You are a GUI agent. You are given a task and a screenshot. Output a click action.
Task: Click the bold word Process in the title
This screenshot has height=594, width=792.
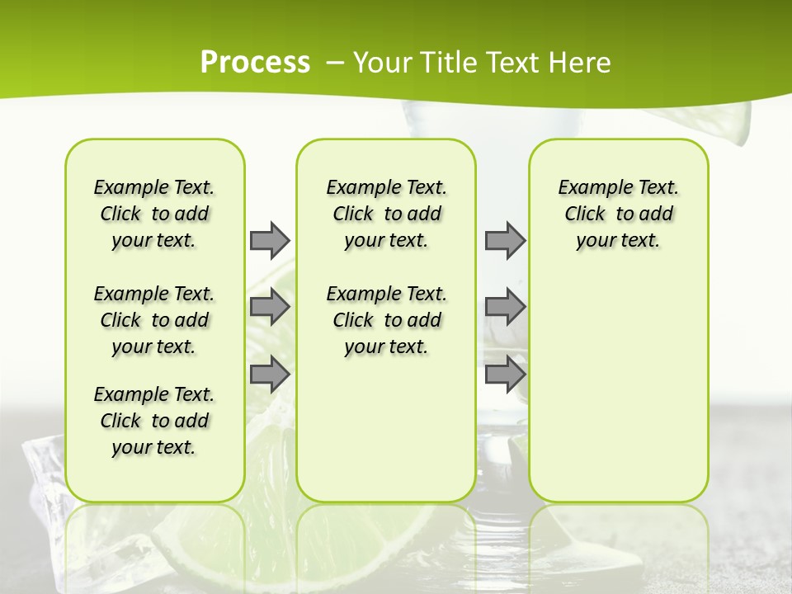click(255, 63)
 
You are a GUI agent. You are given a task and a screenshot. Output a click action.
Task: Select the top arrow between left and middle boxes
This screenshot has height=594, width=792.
click(270, 240)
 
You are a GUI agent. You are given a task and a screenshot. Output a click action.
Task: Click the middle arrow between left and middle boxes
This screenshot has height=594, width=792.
click(270, 307)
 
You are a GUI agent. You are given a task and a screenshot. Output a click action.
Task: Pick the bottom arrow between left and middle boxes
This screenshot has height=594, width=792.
click(270, 374)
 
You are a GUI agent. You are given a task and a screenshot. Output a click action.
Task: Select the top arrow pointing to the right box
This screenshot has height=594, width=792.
click(505, 240)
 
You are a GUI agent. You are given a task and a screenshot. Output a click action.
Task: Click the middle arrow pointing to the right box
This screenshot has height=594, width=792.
click(505, 307)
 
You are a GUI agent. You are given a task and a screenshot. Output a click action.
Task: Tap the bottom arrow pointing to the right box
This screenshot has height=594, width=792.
click(505, 374)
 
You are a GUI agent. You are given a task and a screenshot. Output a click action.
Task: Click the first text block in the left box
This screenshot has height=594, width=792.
click(154, 214)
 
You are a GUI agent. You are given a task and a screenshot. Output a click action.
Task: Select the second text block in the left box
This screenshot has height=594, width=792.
click(154, 320)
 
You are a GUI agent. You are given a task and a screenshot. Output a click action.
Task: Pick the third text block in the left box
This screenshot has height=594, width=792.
click(154, 421)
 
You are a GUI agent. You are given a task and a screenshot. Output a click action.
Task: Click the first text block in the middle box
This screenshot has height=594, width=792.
click(387, 214)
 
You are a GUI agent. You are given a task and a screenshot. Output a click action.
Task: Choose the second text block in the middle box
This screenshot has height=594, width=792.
click(387, 320)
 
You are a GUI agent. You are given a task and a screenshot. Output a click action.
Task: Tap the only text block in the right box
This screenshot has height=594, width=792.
click(619, 214)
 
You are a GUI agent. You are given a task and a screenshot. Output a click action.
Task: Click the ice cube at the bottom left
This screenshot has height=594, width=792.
click(41, 470)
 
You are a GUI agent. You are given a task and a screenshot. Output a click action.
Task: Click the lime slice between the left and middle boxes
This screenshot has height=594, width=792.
click(271, 437)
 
